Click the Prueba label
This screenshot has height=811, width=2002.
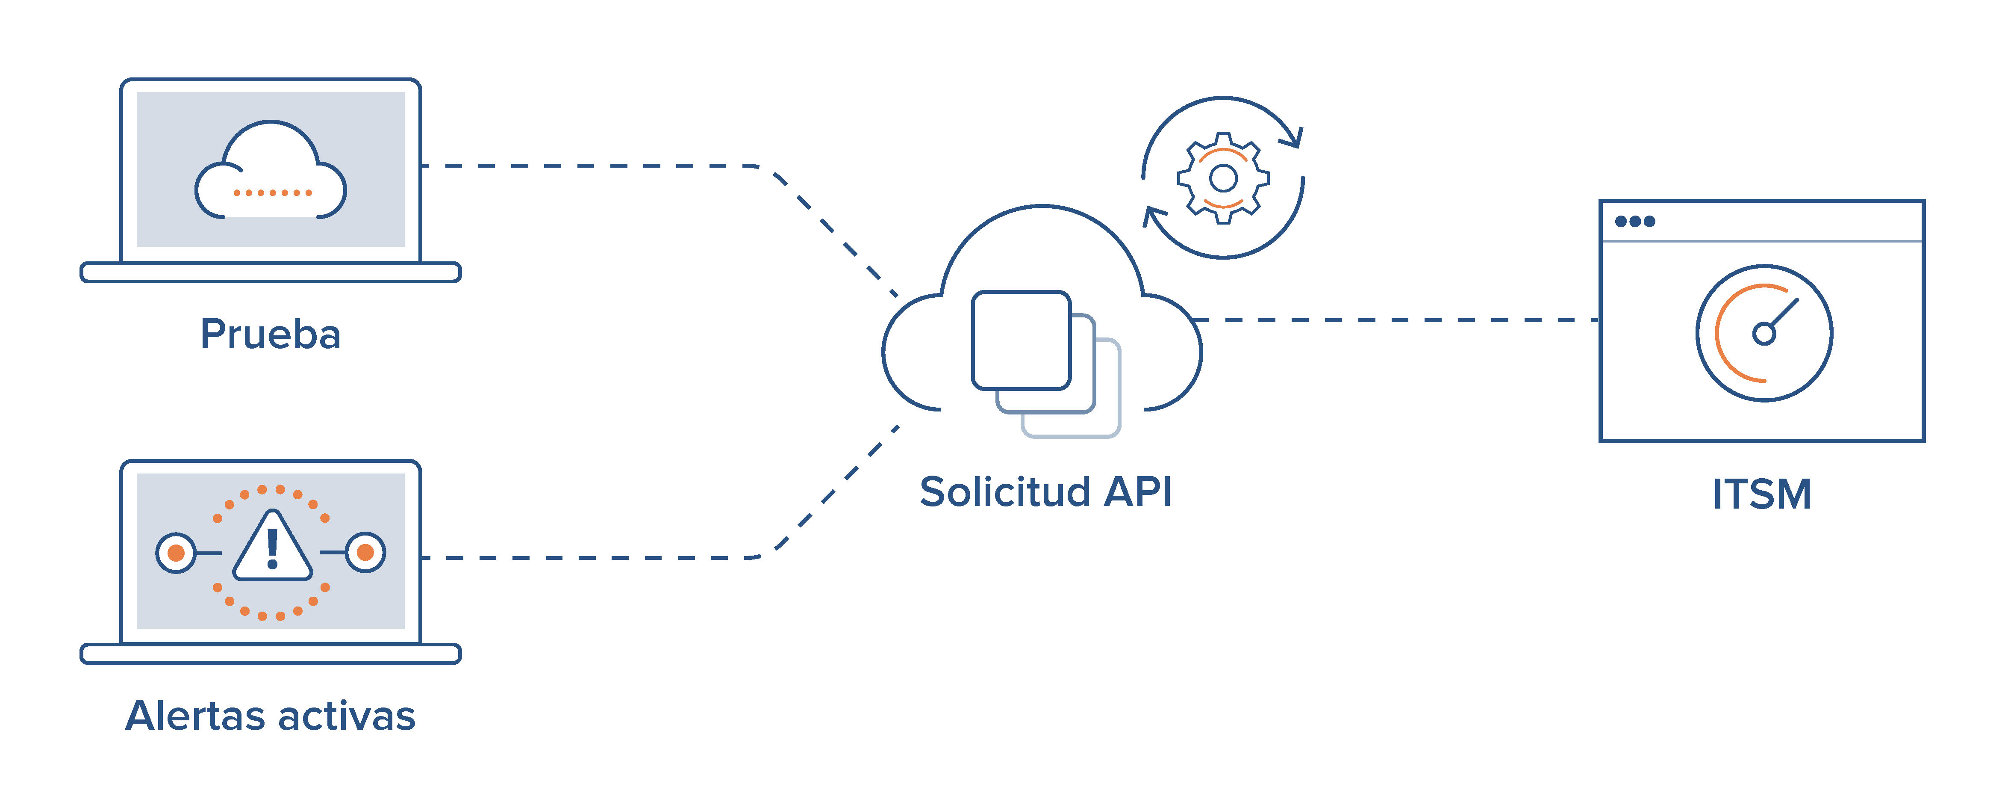[271, 334]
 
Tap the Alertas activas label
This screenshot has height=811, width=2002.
[271, 715]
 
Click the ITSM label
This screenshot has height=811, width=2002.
[1762, 494]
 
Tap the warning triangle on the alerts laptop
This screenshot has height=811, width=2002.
[272, 548]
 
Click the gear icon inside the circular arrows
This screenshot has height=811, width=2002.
[1223, 178]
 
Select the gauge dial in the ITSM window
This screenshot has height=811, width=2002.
[1764, 333]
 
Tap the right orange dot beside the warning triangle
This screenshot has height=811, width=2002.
[365, 553]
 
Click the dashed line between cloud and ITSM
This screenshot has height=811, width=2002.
[1399, 320]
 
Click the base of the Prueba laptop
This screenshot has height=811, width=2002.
[271, 272]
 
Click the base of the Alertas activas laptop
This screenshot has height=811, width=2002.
[271, 654]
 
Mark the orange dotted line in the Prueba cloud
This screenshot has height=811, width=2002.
[272, 192]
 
